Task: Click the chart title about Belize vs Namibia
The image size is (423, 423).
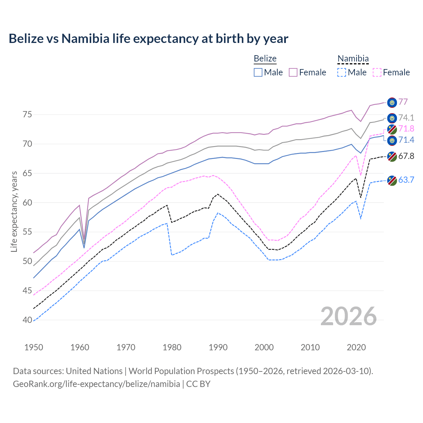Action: tap(148, 39)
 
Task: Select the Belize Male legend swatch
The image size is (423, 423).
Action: tap(258, 72)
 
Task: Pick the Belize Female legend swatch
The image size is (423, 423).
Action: tap(293, 72)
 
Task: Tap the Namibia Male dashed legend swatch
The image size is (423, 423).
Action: tap(342, 72)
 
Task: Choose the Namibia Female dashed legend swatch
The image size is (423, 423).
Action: tap(377, 72)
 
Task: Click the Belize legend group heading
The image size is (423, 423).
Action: tap(265, 58)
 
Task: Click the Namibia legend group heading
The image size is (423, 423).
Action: tap(353, 58)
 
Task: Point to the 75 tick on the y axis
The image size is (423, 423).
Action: tap(27, 115)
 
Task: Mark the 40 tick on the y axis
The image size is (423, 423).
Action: tap(27, 320)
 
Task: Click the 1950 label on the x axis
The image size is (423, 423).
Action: tap(34, 347)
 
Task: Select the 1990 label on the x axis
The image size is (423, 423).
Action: tap(218, 347)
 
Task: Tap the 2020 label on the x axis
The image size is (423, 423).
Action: tap(356, 347)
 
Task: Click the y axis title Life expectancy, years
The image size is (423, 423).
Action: tap(14, 211)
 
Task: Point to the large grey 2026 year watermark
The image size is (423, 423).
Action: tap(348, 316)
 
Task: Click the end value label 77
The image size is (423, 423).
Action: tap(403, 102)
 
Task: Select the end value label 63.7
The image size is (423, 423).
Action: tap(406, 180)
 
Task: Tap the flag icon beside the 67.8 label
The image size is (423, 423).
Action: tap(392, 156)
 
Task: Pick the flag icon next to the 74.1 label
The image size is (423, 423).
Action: tap(392, 118)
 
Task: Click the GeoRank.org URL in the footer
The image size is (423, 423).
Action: tap(96, 384)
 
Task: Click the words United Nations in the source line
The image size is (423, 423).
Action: tap(94, 371)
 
